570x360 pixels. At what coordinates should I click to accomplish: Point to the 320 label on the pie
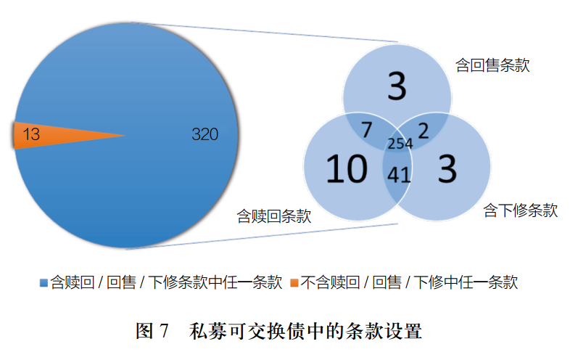pyautogui.click(x=205, y=134)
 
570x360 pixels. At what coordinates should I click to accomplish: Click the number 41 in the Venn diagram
pyautogui.click(x=398, y=175)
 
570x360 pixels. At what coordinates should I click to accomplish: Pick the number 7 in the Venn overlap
pyautogui.click(x=367, y=131)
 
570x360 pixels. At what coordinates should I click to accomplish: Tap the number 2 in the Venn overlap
pyautogui.click(x=424, y=130)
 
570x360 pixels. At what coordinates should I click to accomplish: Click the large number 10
pyautogui.click(x=346, y=170)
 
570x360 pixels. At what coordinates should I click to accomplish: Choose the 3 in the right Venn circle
pyautogui.click(x=448, y=170)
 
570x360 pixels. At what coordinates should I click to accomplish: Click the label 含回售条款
pyautogui.click(x=492, y=65)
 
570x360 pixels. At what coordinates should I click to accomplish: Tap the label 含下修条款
pyautogui.click(x=520, y=211)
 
